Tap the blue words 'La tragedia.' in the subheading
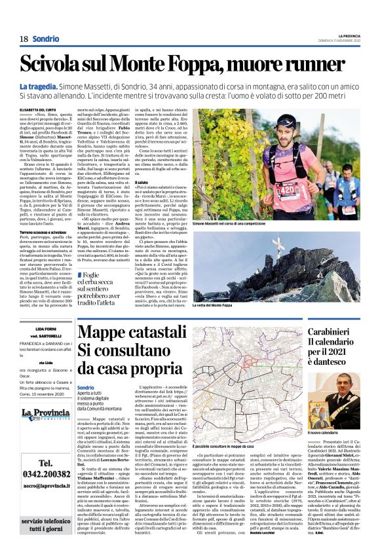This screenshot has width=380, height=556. pos(39,87)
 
